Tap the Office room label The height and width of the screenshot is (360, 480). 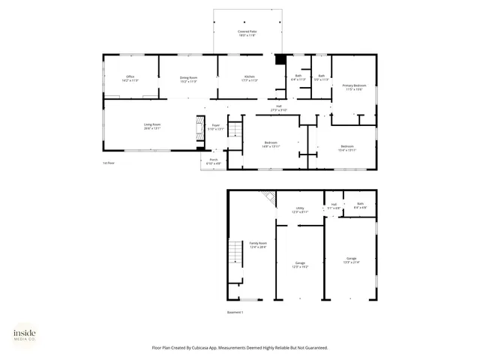pyautogui.click(x=130, y=78)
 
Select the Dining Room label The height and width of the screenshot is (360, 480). pyautogui.click(x=188, y=78)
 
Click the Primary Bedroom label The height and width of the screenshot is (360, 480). pyautogui.click(x=352, y=87)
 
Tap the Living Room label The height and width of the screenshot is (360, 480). pyautogui.click(x=152, y=126)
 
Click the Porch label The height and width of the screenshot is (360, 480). pyautogui.click(x=213, y=160)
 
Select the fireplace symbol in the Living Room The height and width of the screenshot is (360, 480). pyautogui.click(x=199, y=127)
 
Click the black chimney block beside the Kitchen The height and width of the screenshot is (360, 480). pyautogui.click(x=280, y=60)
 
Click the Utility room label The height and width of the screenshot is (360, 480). pyautogui.click(x=299, y=210)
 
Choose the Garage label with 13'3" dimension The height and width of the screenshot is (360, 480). pyautogui.click(x=351, y=259)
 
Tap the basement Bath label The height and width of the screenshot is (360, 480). pyautogui.click(x=360, y=205)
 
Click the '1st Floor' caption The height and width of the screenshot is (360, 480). pyautogui.click(x=109, y=163)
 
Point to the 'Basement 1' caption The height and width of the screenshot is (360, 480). pyautogui.click(x=235, y=312)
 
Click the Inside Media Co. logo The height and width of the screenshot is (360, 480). pyautogui.click(x=24, y=334)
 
